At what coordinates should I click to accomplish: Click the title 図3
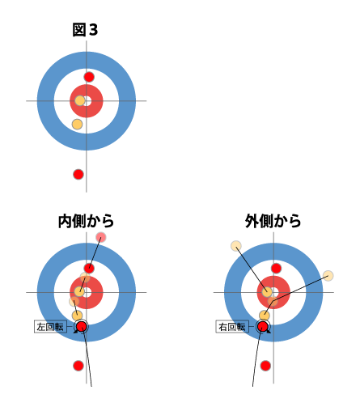(85, 30)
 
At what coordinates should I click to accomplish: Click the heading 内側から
(87, 221)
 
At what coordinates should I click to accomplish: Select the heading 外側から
(273, 221)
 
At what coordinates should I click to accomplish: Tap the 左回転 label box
(50, 327)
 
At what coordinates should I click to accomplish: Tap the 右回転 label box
(232, 327)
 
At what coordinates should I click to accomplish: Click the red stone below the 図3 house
(78, 174)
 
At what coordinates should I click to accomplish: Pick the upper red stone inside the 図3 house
(89, 77)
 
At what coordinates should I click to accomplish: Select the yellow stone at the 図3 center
(80, 101)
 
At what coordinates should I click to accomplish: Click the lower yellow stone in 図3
(77, 124)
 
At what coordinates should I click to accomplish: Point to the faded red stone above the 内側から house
(101, 237)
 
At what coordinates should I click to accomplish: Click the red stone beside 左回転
(82, 327)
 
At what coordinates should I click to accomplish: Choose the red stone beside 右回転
(263, 327)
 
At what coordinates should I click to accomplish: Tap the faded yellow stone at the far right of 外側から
(328, 276)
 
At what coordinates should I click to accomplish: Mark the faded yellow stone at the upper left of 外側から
(236, 246)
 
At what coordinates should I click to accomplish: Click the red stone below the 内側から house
(78, 366)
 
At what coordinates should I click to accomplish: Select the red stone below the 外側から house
(265, 366)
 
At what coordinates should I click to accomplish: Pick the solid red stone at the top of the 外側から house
(276, 269)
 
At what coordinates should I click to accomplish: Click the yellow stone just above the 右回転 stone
(265, 316)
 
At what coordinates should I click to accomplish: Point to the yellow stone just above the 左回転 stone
(77, 316)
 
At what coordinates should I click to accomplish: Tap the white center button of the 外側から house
(275, 292)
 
